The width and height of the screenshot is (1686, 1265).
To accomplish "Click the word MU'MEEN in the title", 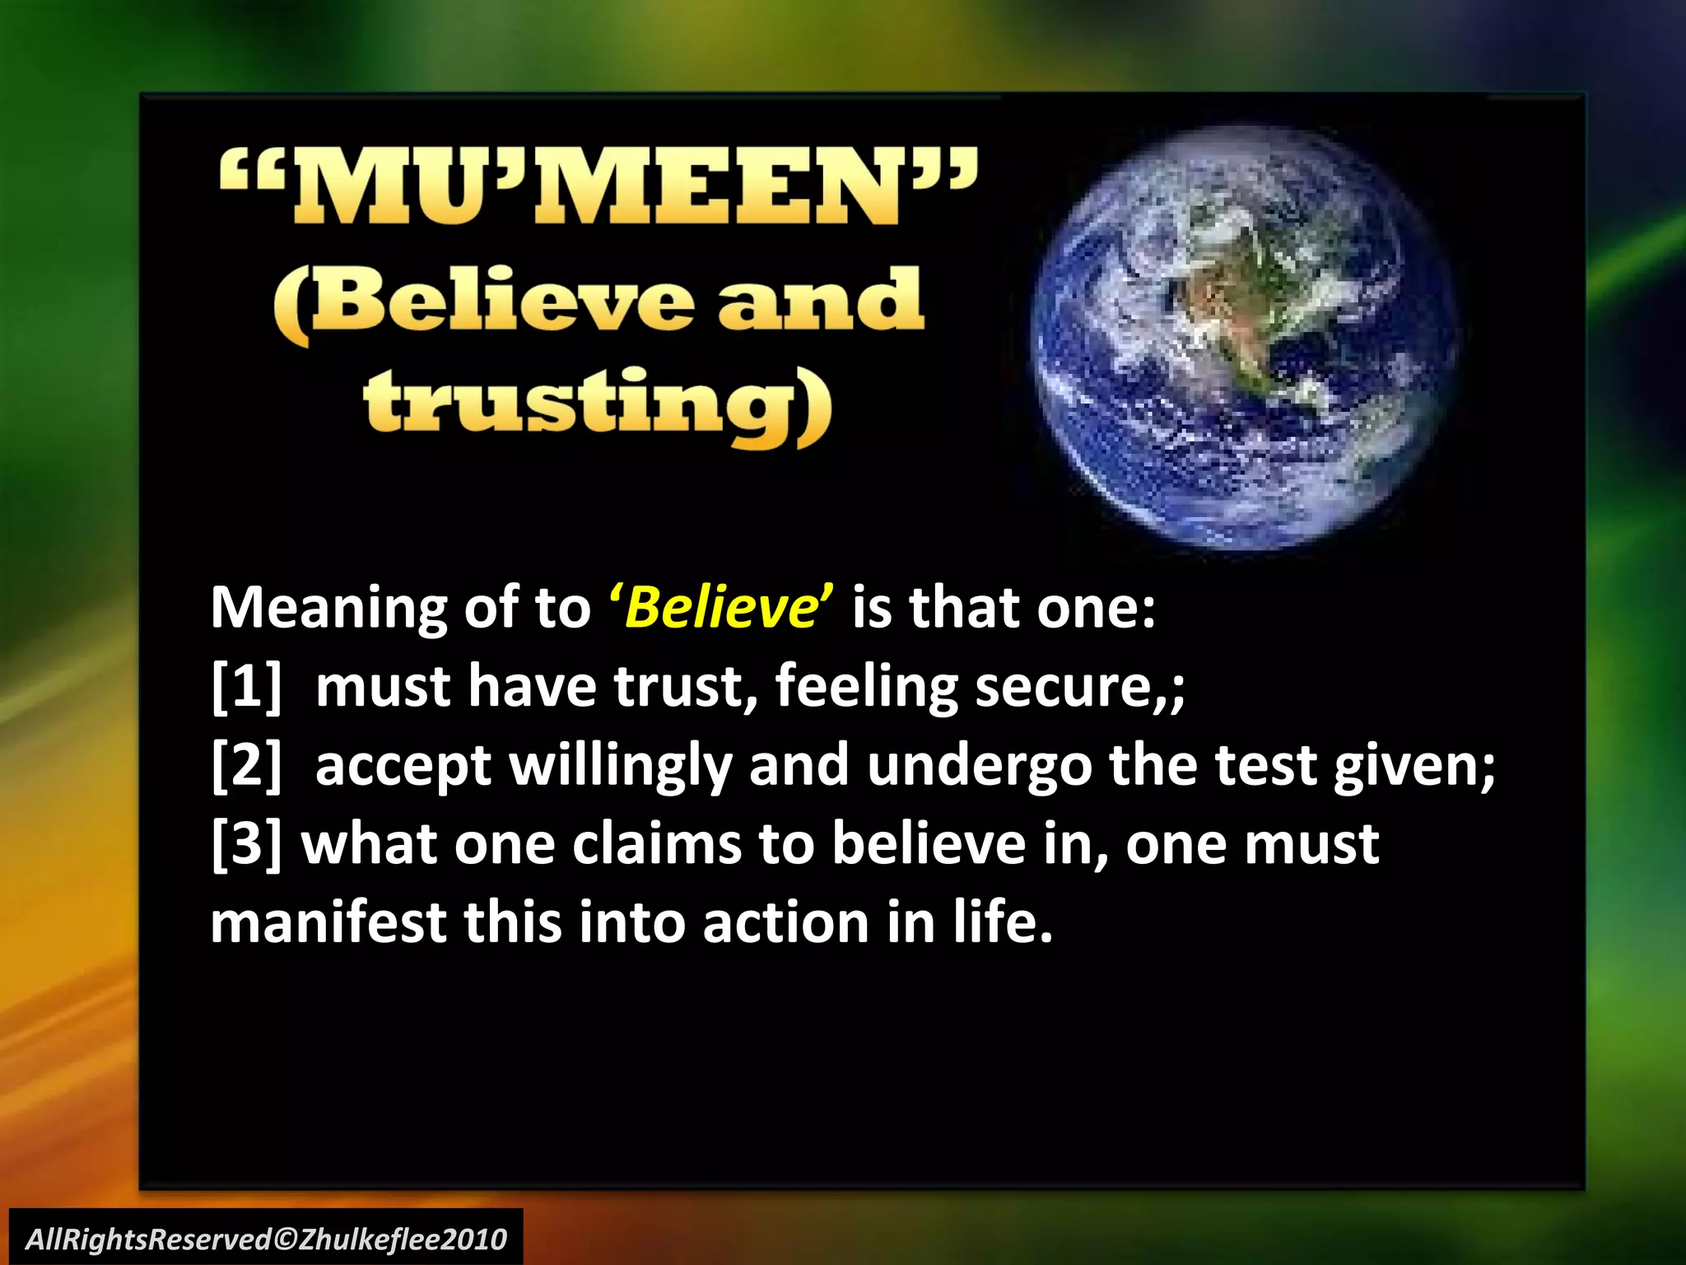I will pos(599,188).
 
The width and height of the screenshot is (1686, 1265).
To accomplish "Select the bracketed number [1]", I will pos(246,686).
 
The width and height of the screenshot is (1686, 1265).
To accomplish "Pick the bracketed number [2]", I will pos(246,765).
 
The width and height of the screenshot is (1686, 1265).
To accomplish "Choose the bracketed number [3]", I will pos(246,844).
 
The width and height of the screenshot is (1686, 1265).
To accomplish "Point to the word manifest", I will pos(328,922).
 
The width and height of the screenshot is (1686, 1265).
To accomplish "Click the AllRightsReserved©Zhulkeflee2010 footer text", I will pos(266,1239).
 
